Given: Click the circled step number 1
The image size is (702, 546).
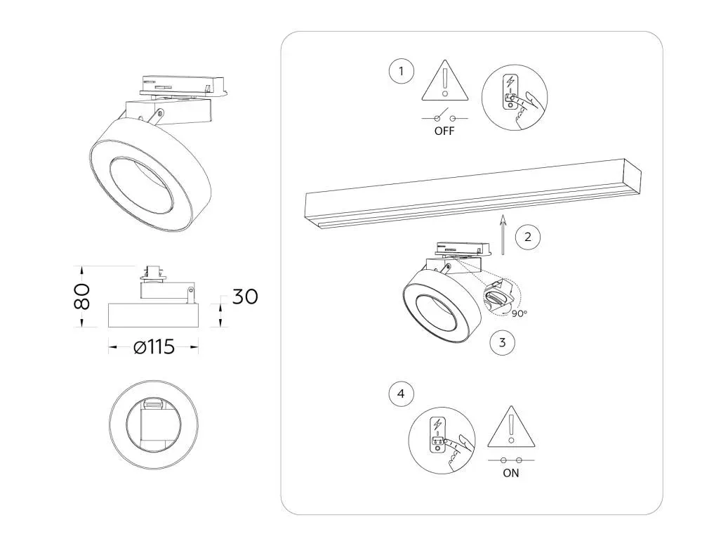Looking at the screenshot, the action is tap(401, 71).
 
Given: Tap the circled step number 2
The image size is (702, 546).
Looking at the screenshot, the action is tap(527, 237).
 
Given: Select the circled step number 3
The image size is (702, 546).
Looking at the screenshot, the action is tap(502, 342).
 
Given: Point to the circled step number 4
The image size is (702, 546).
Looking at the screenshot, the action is tap(401, 394).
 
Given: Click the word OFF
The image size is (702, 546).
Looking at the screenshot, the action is tap(444, 131).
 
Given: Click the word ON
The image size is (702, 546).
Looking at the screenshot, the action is tap(511, 473).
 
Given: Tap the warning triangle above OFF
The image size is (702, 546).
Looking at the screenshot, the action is tap(444, 81).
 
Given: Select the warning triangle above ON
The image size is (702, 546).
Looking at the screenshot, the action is tap(511, 427).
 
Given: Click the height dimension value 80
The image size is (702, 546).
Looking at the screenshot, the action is tap(82, 297).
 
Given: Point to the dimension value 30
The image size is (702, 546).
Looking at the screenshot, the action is tap(245, 297).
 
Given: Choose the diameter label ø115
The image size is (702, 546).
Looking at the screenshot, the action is tap(154, 347).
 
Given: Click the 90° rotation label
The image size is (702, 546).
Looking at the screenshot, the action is tap(519, 314).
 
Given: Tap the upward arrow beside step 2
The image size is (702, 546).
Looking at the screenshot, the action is tap(503, 235).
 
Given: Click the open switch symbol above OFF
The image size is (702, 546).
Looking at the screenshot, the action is tap(444, 116).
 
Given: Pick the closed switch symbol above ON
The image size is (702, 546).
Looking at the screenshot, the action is tap(511, 460).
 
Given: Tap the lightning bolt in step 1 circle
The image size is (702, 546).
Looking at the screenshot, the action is tap(510, 82).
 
